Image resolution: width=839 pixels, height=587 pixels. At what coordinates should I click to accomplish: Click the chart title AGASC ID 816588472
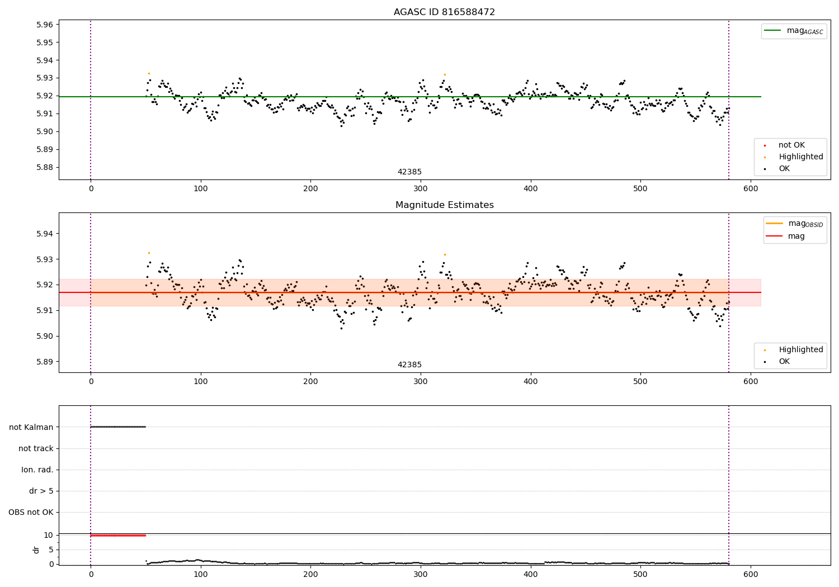[444, 12]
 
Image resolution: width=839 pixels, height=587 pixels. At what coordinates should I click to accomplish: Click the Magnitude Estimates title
[444, 205]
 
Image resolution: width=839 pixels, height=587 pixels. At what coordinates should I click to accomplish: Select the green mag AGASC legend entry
[794, 31]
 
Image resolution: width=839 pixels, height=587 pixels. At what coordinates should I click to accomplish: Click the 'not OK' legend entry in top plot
[791, 145]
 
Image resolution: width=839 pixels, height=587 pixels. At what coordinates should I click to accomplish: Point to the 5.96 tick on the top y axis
[45, 25]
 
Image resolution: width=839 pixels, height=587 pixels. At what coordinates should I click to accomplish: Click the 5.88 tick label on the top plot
[45, 167]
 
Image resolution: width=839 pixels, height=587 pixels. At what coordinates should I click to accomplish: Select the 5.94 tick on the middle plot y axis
[45, 234]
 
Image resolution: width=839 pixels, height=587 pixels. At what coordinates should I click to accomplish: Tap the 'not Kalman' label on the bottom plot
[31, 427]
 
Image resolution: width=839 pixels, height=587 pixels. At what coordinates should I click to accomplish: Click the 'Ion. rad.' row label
[37, 470]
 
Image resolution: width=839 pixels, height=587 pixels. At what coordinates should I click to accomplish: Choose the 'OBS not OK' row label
[31, 512]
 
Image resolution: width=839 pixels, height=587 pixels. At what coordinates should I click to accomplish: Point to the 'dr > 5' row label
[41, 491]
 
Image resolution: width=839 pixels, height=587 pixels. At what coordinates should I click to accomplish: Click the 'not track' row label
[36, 448]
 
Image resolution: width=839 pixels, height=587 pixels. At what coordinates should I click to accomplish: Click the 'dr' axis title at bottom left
[36, 550]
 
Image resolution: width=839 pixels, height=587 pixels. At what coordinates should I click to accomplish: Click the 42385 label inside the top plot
[409, 172]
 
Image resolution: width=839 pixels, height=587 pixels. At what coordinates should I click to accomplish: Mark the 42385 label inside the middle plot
[409, 365]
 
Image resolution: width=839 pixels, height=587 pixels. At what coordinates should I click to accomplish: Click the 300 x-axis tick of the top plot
[421, 188]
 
